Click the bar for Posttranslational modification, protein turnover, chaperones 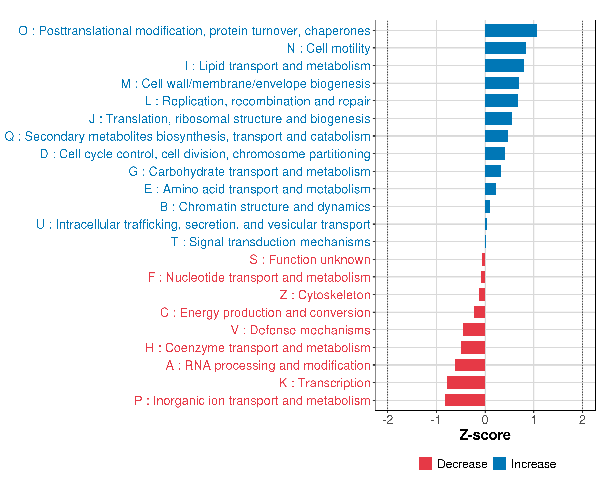tap(511, 30)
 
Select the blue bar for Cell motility tap(505, 48)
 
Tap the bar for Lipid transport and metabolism tap(505, 65)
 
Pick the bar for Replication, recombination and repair tap(501, 101)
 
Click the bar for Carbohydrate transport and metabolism tap(493, 171)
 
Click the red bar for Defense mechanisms tap(474, 330)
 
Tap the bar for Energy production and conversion tap(479, 312)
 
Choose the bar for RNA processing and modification tap(470, 365)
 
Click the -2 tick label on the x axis tap(387, 420)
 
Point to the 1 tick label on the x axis tap(533, 420)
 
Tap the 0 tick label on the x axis tap(485, 420)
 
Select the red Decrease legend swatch tap(425, 464)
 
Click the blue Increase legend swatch tap(499, 464)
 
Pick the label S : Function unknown tap(310, 260)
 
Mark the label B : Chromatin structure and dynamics tap(265, 207)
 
